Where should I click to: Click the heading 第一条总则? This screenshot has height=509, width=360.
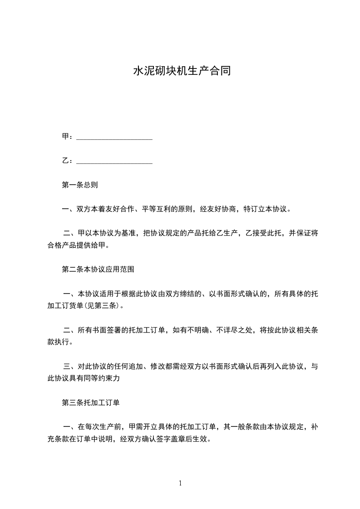pos(79,185)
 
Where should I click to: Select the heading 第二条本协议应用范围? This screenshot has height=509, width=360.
pos(98,269)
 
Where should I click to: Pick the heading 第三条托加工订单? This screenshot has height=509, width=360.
pos(90,402)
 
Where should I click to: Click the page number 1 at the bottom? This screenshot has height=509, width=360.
pos(180,483)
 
